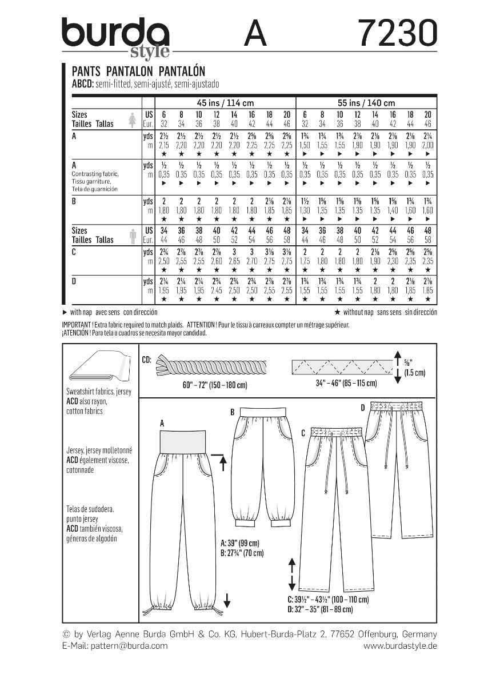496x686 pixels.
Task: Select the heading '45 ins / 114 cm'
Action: click(225, 103)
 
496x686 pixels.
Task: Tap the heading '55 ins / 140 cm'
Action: click(366, 103)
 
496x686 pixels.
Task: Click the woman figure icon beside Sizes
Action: click(133, 119)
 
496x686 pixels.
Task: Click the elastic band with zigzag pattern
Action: click(341, 365)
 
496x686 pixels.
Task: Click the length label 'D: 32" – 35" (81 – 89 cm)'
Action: click(319, 610)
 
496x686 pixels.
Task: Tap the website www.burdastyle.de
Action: click(400, 645)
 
